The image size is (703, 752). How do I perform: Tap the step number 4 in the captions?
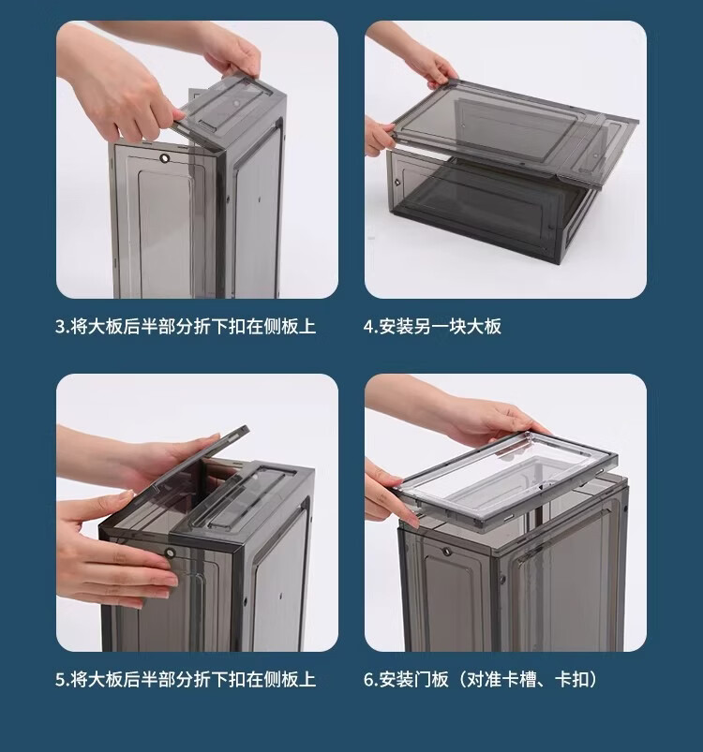tap(368, 327)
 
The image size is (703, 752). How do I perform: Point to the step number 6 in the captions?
tap(368, 680)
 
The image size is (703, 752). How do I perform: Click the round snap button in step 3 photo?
tap(166, 157)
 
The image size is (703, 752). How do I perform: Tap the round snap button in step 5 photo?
tap(170, 553)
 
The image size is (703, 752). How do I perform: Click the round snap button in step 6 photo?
tap(447, 552)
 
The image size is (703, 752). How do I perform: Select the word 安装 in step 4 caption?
tap(396, 327)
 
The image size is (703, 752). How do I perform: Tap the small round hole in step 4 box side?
tap(397, 183)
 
